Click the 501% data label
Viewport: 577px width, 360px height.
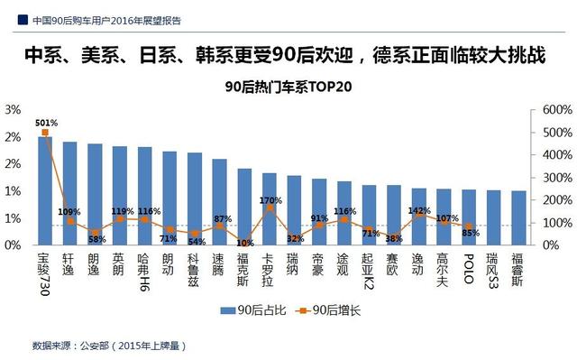[47, 123]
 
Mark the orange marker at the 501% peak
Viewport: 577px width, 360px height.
[44, 133]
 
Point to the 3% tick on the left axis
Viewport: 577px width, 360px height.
[14, 109]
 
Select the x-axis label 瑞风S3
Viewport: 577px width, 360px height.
[493, 272]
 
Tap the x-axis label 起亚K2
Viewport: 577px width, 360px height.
[369, 272]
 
